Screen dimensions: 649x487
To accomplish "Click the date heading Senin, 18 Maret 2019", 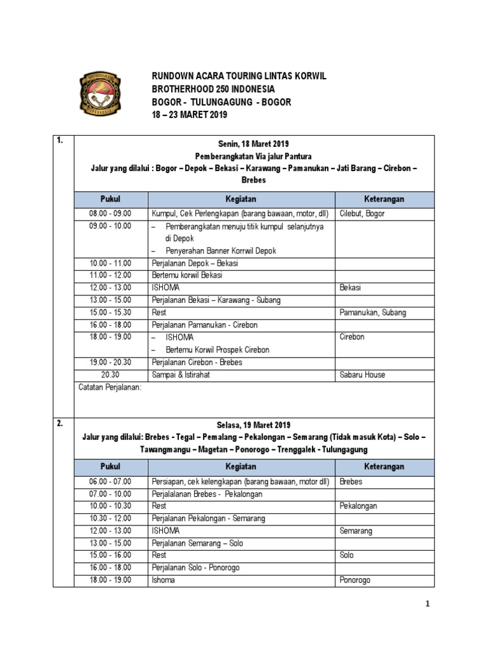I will coord(244,143).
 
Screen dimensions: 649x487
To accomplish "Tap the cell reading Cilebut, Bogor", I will coord(362,214).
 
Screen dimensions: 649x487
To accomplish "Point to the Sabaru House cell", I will coord(362,375).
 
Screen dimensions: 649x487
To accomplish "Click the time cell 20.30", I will coord(110,375).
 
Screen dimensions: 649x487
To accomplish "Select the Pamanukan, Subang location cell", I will coord(373,312).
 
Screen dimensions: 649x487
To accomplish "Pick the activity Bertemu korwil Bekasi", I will coord(186,275).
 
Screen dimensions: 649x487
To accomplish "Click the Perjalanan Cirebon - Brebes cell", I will coord(197,362).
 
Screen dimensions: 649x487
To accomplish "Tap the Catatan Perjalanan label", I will coord(108,387).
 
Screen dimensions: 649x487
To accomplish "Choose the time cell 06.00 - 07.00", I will coord(110,481).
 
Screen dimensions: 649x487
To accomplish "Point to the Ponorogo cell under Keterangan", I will coord(355,580).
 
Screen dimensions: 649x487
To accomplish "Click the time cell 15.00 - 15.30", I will coord(110,312).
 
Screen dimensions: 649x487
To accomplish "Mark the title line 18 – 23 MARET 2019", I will coord(188,115).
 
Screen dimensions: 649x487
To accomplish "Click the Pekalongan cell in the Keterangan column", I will coord(358,506).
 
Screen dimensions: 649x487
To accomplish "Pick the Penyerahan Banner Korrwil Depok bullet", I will coord(221,250).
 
